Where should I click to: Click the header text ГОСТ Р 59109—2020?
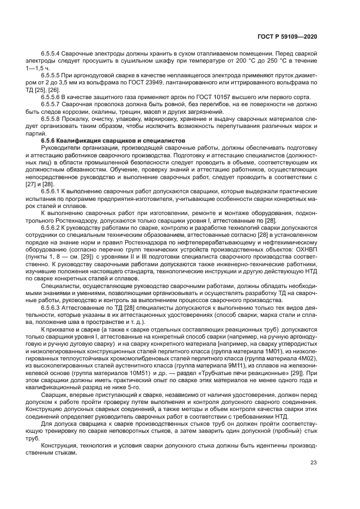coord(286,36)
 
